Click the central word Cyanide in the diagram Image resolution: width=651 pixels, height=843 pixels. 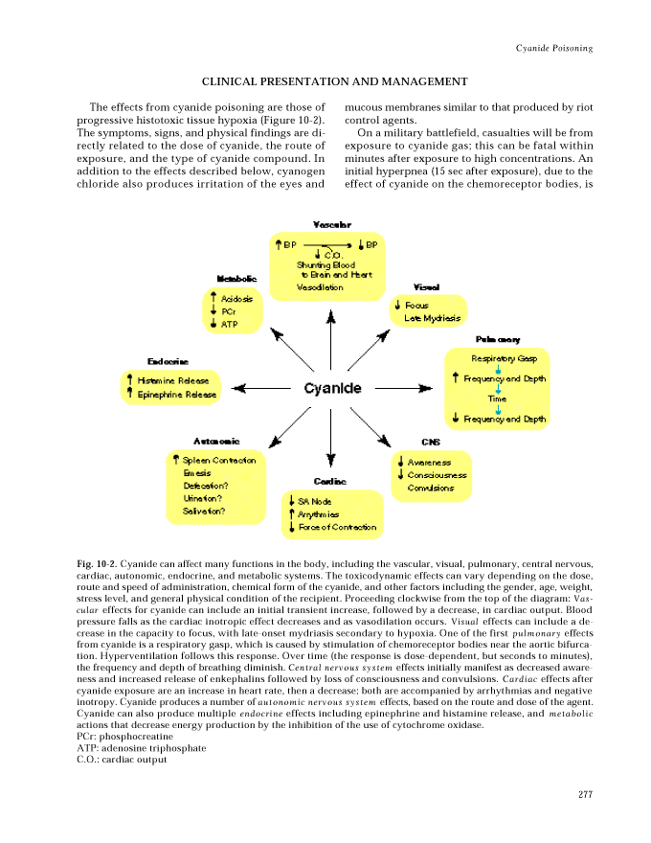[x=332, y=388]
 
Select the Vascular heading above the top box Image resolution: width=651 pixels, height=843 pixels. [x=331, y=224]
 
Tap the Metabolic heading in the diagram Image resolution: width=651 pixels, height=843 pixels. [x=236, y=278]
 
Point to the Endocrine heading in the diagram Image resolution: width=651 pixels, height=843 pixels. [x=168, y=360]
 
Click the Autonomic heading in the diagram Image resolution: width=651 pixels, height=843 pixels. [x=216, y=441]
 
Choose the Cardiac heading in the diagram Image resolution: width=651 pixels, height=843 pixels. [x=329, y=480]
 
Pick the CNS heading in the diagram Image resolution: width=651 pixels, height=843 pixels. [x=430, y=442]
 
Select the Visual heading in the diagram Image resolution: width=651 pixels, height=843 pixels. [x=426, y=286]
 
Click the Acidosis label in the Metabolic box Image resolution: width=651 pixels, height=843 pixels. [x=236, y=299]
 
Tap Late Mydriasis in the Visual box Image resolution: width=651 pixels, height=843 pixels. [x=432, y=318]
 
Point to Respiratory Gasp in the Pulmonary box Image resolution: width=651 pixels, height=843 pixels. [x=505, y=358]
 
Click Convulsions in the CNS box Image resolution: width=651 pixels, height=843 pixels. [x=431, y=488]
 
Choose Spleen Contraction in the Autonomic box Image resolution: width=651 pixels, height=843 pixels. [x=219, y=460]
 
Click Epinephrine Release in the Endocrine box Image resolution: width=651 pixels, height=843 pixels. [x=177, y=394]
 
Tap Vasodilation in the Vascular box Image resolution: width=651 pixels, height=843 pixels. [x=320, y=287]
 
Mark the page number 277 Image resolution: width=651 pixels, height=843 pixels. [x=586, y=792]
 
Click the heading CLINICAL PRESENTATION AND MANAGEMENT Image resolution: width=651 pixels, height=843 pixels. [x=334, y=82]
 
